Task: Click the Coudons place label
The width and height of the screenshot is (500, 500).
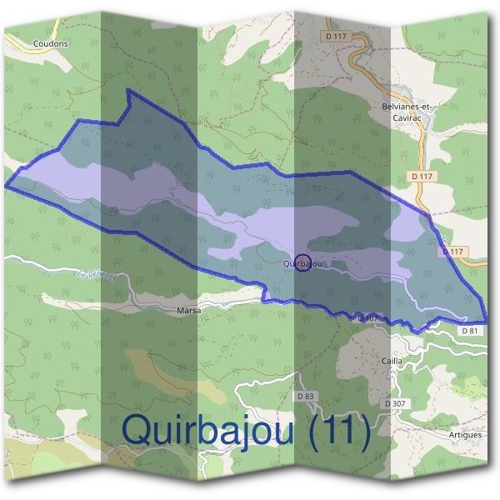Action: point(50,42)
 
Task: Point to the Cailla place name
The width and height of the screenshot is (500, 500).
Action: point(392,360)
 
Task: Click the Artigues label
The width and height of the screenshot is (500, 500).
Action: point(464,435)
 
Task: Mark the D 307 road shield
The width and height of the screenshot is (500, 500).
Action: point(395,403)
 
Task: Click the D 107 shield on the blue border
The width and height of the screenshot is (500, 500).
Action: point(367,317)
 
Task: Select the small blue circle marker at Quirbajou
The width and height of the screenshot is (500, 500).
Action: point(303,262)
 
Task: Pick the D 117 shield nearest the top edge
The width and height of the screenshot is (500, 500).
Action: point(338,37)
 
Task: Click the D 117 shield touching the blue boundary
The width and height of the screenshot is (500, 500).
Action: point(452,251)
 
